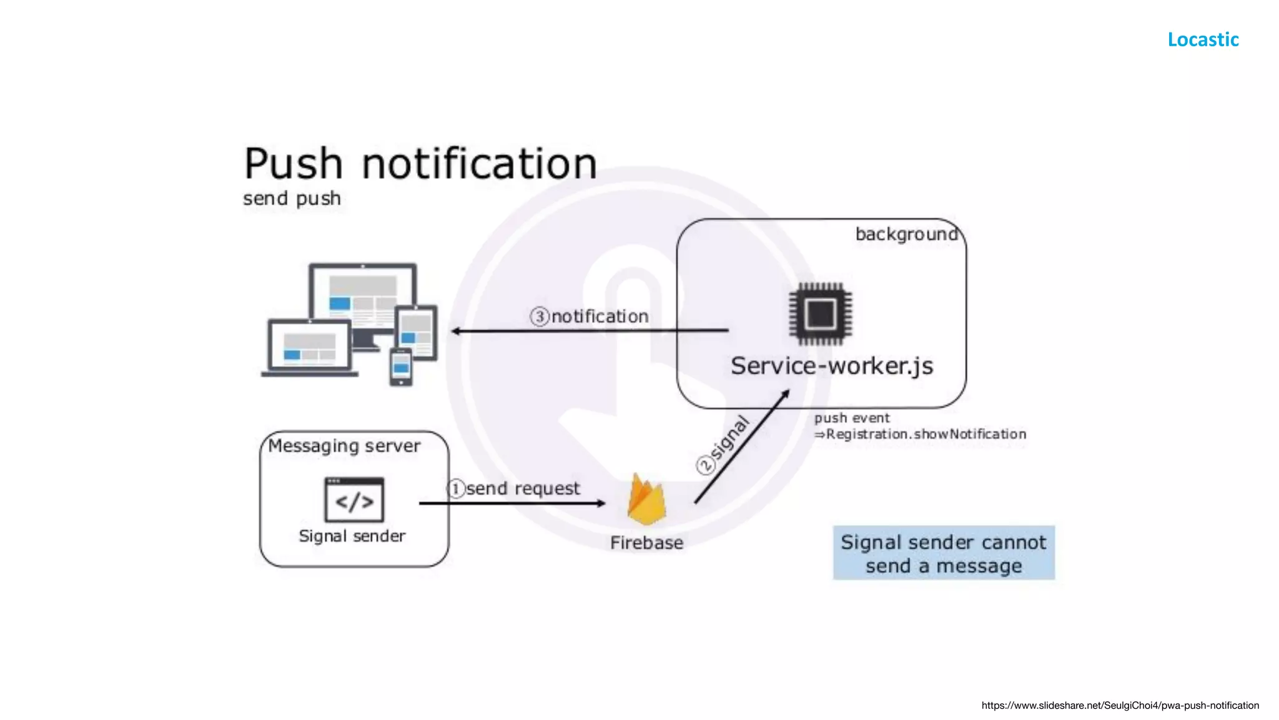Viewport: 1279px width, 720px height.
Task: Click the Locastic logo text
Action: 1203,39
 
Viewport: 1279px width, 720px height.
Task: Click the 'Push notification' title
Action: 420,164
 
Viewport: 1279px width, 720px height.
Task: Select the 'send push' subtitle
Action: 292,199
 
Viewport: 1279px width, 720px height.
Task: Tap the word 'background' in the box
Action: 906,234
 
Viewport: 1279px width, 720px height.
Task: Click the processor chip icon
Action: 820,314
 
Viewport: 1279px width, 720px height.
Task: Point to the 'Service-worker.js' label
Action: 831,366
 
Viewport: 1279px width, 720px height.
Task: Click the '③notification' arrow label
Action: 590,317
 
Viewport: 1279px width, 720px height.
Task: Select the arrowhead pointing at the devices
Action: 457,331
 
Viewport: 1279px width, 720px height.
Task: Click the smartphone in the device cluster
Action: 400,367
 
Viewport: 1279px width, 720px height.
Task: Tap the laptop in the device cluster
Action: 309,348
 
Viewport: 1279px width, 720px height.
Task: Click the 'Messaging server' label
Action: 344,446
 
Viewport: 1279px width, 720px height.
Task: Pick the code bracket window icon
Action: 354,499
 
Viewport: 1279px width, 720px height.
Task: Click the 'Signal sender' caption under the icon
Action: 352,536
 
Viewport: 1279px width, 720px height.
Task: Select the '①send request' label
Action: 513,489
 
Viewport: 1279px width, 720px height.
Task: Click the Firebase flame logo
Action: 646,500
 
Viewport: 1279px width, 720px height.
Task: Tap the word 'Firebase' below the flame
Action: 646,543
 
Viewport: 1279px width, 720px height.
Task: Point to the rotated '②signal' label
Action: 723,445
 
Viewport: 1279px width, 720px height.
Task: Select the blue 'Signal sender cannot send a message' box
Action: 943,553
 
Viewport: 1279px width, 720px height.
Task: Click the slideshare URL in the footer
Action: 1120,706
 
